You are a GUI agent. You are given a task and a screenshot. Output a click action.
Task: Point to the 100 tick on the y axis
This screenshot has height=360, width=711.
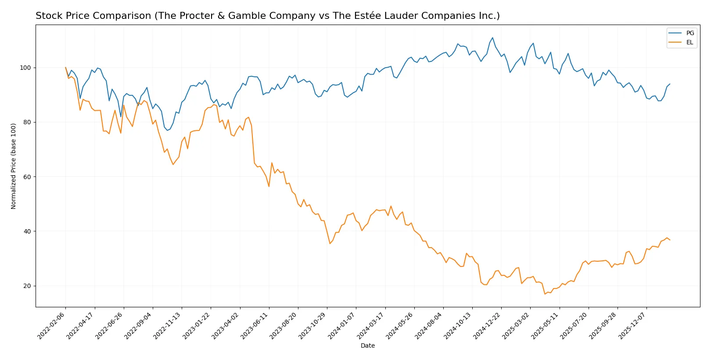pyautogui.click(x=25, y=68)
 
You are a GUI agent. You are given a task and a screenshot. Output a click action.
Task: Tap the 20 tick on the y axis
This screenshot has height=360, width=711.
pyautogui.click(x=27, y=286)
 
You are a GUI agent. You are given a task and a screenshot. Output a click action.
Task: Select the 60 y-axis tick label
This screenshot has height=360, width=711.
pyautogui.click(x=27, y=177)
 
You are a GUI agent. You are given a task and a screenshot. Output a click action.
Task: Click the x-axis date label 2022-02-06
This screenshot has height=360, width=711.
pyautogui.click(x=52, y=325)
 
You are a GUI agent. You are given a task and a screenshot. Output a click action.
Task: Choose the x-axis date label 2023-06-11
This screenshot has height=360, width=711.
pyautogui.click(x=255, y=325)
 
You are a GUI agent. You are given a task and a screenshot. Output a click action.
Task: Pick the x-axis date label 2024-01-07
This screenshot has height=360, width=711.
pyautogui.click(x=342, y=325)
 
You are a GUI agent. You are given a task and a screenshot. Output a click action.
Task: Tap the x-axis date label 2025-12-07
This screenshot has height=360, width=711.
pyautogui.click(x=632, y=325)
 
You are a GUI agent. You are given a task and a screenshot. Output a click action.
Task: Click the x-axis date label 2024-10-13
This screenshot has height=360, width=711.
pyautogui.click(x=458, y=325)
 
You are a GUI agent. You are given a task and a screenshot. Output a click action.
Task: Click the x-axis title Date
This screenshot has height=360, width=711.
pyautogui.click(x=367, y=346)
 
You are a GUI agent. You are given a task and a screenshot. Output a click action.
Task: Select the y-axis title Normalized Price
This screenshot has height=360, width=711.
pyautogui.click(x=14, y=166)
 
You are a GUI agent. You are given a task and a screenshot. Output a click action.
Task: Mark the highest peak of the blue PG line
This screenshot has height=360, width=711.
pyautogui.click(x=492, y=38)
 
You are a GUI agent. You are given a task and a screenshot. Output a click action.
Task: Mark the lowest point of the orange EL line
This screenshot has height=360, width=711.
pyautogui.click(x=545, y=294)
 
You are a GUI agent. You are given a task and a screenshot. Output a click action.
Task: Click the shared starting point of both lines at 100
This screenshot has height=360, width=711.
pyautogui.click(x=66, y=68)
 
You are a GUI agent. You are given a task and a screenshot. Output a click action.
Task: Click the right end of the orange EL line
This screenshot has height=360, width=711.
pyautogui.click(x=670, y=240)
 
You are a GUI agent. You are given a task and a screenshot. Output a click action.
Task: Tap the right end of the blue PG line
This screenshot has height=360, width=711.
pyautogui.click(x=670, y=84)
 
